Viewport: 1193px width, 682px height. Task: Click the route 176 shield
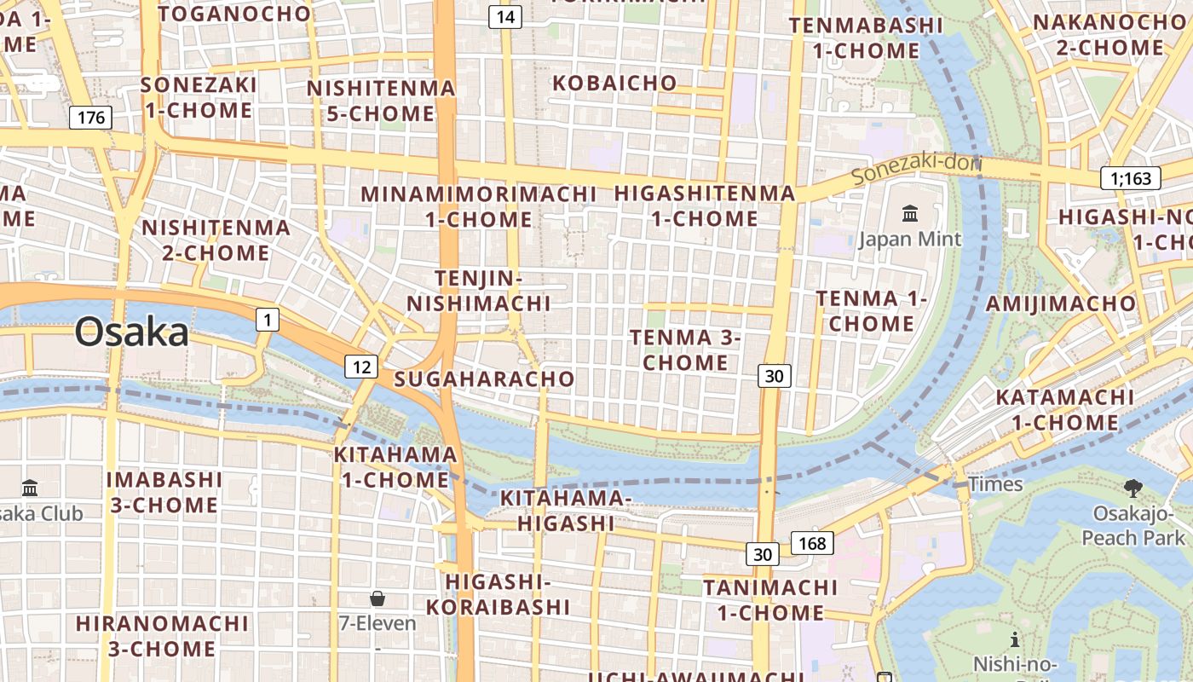(x=90, y=117)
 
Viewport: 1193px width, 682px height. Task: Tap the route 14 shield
(x=504, y=16)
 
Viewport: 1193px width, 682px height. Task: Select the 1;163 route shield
(x=1131, y=178)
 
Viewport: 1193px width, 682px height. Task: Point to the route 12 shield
(x=361, y=367)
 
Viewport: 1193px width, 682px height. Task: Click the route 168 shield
(x=812, y=542)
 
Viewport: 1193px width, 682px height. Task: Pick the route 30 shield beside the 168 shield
(x=763, y=554)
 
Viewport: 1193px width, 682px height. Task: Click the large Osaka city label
(x=131, y=332)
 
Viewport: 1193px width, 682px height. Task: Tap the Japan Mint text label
(x=909, y=239)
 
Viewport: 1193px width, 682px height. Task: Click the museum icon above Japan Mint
(x=910, y=213)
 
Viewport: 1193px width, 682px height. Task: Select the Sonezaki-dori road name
(x=916, y=168)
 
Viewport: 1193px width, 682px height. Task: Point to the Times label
(x=994, y=484)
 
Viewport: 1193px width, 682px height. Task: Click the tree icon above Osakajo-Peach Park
(x=1132, y=488)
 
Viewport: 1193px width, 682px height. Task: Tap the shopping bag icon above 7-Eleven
(x=377, y=598)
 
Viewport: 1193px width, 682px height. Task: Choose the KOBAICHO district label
(x=614, y=84)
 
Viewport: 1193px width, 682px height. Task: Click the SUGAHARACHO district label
(x=485, y=379)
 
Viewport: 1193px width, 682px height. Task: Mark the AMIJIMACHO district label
(x=1060, y=303)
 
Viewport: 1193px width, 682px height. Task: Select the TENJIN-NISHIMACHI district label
(x=478, y=291)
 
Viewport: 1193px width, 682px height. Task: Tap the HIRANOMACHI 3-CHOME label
(x=162, y=635)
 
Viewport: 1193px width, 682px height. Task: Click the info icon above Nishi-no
(x=1014, y=639)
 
